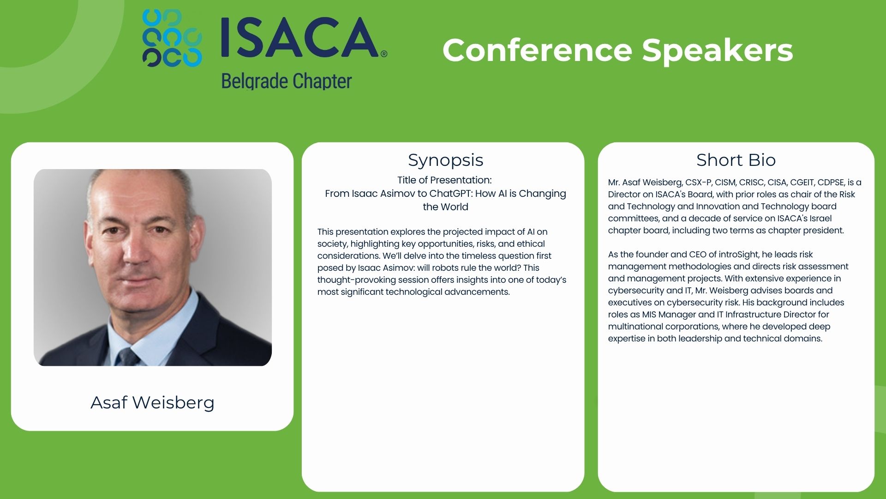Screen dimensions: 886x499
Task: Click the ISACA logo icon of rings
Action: pyautogui.click(x=172, y=38)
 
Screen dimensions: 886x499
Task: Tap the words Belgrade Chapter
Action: pyautogui.click(x=287, y=81)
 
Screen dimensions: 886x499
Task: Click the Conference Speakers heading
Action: pyautogui.click(x=617, y=50)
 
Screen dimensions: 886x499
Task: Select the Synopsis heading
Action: pyautogui.click(x=445, y=160)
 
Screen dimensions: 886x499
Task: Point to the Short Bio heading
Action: pyautogui.click(x=736, y=160)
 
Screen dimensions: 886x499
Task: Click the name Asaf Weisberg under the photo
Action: pyautogui.click(x=152, y=402)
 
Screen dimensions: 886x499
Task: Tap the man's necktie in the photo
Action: pyautogui.click(x=128, y=356)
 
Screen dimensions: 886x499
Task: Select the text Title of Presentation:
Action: pyautogui.click(x=444, y=180)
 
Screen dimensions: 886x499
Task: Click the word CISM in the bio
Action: pyautogui.click(x=725, y=183)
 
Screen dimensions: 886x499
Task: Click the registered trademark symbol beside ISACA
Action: pyautogui.click(x=384, y=54)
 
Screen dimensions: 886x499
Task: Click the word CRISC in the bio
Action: pyautogui.click(x=751, y=183)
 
